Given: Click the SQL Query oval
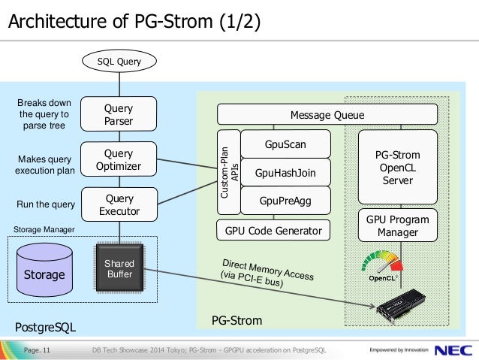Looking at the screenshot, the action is pos(119,61).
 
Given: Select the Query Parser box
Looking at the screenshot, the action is pos(119,114).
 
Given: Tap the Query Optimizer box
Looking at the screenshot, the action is pos(119,159).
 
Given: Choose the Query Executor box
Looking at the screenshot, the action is pos(119,204).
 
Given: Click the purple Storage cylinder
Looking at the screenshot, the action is pos(44,270).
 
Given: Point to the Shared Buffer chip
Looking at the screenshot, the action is pos(119,268).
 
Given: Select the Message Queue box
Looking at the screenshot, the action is pos(327,114).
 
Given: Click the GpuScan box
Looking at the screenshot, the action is pos(285,144).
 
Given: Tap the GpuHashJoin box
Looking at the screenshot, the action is pos(285,173).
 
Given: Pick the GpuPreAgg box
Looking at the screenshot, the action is pos(285,201).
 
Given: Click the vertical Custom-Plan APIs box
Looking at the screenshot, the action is pos(229,172).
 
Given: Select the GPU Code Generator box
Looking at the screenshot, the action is pos(273,230).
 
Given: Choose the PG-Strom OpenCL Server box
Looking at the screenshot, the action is pos(398,167).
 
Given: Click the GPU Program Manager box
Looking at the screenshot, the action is pos(398,225).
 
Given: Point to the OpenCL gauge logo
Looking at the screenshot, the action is pos(382,265).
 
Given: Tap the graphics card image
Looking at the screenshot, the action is pos(401,306).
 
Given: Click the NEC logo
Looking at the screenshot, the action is pos(453,350).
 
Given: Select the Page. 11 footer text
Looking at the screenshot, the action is pos(37,350).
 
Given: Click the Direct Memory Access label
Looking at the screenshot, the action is pos(267,273).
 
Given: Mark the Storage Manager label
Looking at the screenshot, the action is pos(44,229).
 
